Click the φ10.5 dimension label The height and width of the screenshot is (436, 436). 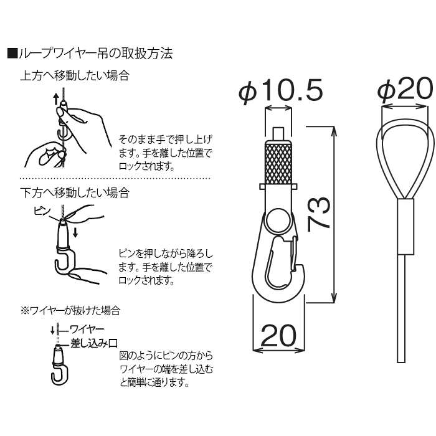[280, 92]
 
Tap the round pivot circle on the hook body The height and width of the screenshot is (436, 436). [278, 220]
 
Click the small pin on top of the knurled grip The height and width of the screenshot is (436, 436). [279, 134]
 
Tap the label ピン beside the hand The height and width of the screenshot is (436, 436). [42, 212]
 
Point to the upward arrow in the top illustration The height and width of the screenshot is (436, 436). [55, 98]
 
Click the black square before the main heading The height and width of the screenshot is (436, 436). [11, 53]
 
